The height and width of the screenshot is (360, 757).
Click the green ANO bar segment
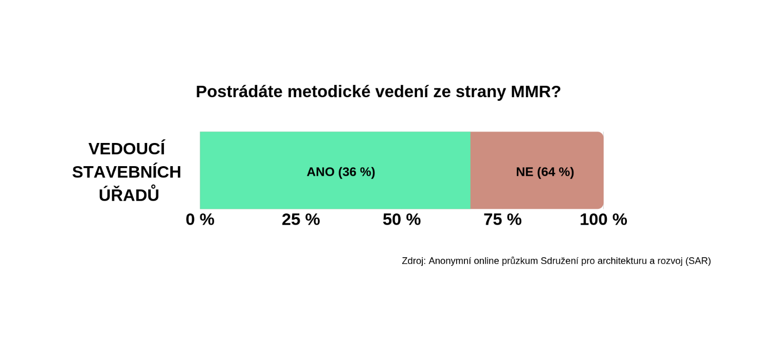click(335, 170)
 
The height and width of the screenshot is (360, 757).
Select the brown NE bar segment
click(537, 170)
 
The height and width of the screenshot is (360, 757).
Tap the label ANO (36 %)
click(340, 172)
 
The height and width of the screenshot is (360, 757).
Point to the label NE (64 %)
click(545, 172)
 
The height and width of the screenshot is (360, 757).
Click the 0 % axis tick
click(200, 220)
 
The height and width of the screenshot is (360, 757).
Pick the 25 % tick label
click(301, 220)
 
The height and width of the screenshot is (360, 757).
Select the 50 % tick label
click(402, 220)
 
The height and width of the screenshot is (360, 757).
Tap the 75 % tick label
click(502, 220)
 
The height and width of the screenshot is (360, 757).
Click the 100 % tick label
click(603, 220)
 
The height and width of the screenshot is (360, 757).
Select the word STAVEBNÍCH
click(127, 172)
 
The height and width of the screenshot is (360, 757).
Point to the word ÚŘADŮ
click(129, 194)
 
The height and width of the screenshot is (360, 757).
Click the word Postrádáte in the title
click(239, 92)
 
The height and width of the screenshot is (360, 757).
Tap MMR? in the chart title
click(536, 92)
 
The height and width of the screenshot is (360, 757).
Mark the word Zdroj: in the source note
click(413, 261)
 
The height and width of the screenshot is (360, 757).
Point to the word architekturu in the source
click(622, 261)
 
